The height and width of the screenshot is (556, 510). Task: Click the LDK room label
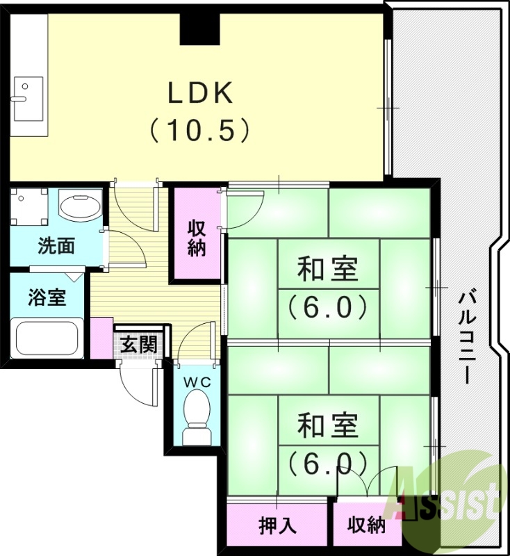[199, 93]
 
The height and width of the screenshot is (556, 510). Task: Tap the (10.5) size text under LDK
[199, 129]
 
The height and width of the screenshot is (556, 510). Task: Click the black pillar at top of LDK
[200, 28]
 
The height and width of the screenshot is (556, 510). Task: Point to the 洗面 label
[56, 246]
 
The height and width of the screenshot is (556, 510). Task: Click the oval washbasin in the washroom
[79, 206]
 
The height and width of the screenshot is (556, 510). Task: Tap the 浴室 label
[47, 297]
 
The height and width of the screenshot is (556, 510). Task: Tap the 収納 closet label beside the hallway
[197, 238]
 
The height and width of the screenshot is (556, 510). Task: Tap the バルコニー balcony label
[466, 337]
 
